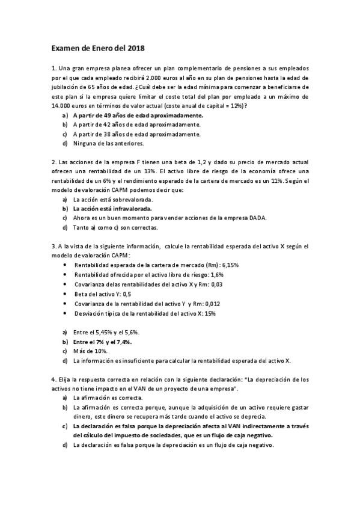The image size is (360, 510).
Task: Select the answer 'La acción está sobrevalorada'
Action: (x=113, y=200)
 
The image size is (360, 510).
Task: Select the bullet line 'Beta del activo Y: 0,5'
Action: (x=102, y=294)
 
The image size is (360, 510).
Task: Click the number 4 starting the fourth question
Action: (x=53, y=379)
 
